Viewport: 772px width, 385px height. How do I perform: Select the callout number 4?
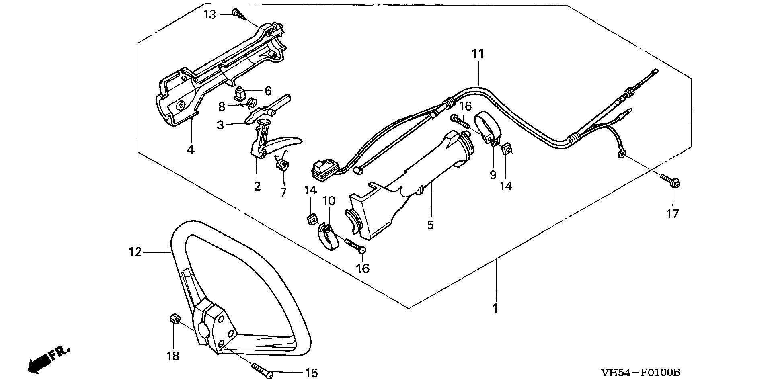(191, 149)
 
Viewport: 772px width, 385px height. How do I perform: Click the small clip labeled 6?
(240, 94)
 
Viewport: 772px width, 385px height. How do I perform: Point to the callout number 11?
(478, 54)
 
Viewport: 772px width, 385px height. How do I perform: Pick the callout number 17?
(673, 214)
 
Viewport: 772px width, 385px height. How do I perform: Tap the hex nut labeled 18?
(174, 320)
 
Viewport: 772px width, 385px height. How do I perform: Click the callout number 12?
(136, 252)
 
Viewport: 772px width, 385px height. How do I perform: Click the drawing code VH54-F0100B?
(641, 372)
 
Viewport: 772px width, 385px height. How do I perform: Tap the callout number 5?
(431, 225)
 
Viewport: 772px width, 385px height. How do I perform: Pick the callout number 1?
(495, 309)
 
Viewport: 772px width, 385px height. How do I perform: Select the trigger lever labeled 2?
(269, 143)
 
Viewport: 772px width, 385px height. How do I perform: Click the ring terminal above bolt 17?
(622, 153)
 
